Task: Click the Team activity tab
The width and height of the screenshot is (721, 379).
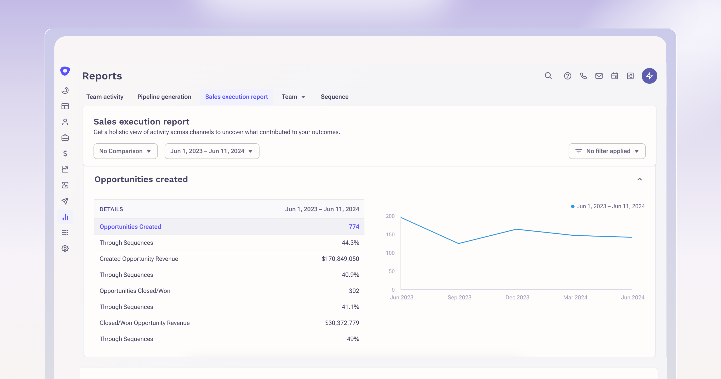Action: click(x=105, y=97)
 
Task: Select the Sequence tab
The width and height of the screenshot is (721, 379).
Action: click(x=335, y=97)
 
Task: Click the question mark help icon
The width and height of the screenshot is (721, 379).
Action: click(x=567, y=76)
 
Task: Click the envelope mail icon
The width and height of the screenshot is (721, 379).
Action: click(x=599, y=76)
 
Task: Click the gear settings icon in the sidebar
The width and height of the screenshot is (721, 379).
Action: click(x=65, y=248)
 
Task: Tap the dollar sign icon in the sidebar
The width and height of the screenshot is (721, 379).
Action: click(x=65, y=153)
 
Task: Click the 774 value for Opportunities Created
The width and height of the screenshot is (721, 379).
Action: click(x=354, y=227)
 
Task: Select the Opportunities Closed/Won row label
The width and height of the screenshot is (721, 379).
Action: click(x=135, y=291)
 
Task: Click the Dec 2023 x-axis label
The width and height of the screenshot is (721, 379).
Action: click(x=517, y=298)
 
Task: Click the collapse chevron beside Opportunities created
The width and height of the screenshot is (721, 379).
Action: click(x=639, y=179)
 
